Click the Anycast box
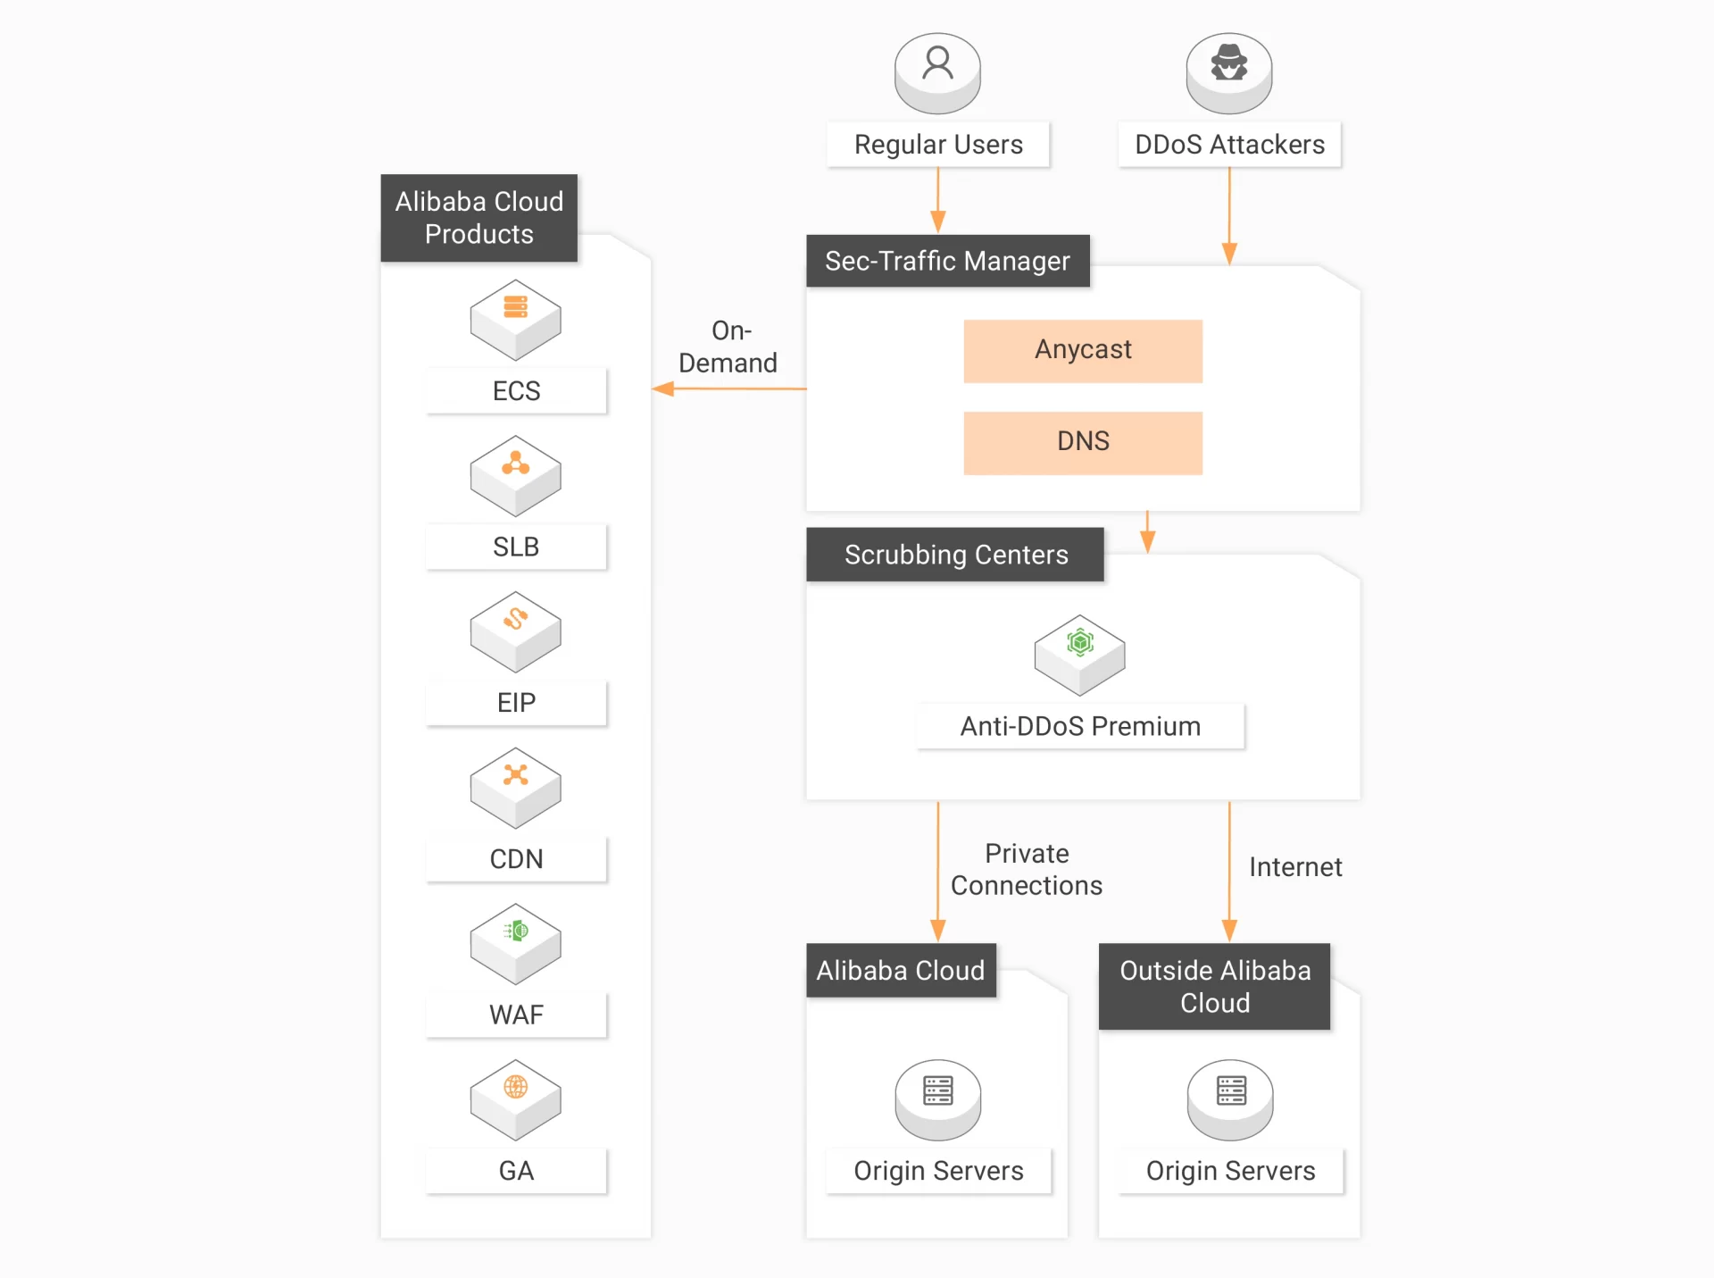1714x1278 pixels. coord(1082,350)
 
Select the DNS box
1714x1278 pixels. coord(1082,442)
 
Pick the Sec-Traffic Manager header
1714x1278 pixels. coord(947,261)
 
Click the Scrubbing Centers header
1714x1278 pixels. coord(955,555)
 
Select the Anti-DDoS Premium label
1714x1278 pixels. coord(1079,726)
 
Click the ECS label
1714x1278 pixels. coord(516,391)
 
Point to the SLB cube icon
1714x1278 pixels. coord(515,474)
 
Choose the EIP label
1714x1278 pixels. coord(516,703)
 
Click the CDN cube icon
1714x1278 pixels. coord(515,786)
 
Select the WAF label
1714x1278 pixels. coord(516,1015)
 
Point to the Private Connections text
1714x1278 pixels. coord(1026,869)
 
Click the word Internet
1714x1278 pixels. coord(1294,867)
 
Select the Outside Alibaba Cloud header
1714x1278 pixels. coord(1214,986)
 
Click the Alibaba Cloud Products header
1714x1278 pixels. coord(478,217)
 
